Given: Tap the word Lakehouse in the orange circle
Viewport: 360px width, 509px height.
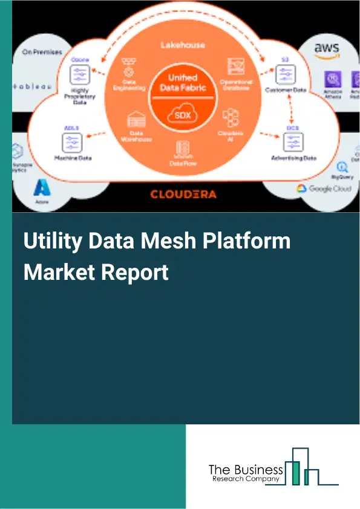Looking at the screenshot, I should pyautogui.click(x=183, y=45).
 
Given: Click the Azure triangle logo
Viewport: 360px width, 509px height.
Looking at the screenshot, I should pyautogui.click(x=42, y=188).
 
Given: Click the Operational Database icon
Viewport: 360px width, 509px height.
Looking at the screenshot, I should pyautogui.click(x=236, y=65).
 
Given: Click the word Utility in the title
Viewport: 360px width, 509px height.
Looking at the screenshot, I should pyautogui.click(x=51, y=242).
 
